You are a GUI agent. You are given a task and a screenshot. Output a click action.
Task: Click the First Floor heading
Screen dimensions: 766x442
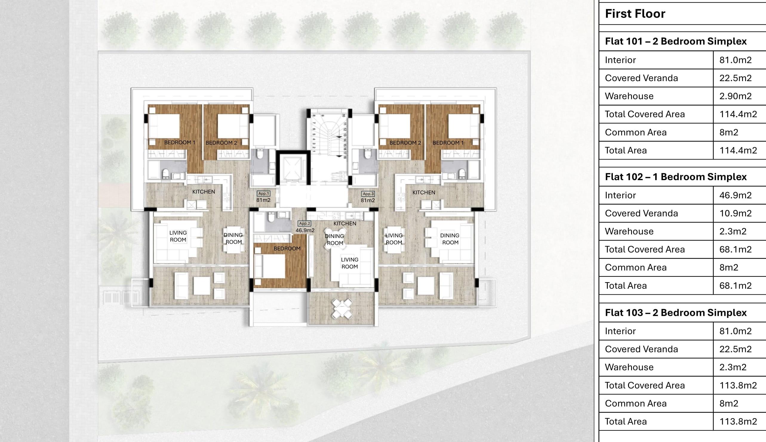[x=635, y=14]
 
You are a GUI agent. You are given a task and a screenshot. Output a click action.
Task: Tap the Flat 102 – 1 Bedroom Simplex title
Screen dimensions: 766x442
[x=676, y=177]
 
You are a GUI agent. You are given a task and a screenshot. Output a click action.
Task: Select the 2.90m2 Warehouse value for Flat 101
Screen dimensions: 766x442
[x=735, y=96]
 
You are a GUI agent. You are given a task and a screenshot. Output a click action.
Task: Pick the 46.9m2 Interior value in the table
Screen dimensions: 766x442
[x=735, y=195]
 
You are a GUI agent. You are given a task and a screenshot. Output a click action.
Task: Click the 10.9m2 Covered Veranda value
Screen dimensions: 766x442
[x=735, y=213]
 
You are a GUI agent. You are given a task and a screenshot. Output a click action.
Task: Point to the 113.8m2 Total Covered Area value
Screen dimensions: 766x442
[x=738, y=385]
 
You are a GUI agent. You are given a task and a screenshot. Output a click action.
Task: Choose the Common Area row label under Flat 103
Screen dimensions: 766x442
[x=636, y=403]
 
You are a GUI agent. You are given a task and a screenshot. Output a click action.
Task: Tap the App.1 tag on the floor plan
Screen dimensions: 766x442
[x=263, y=193]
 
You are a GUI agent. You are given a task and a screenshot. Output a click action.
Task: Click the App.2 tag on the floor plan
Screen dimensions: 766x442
[x=304, y=223]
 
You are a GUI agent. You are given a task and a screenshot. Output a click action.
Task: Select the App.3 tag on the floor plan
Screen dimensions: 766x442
[x=368, y=194]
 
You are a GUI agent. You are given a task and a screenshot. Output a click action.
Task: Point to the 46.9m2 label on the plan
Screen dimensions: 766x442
[x=305, y=231]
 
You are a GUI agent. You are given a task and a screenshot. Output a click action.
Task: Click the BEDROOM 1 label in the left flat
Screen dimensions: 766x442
[x=180, y=142]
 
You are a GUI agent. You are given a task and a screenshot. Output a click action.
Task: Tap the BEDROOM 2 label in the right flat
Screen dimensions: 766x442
[x=405, y=143]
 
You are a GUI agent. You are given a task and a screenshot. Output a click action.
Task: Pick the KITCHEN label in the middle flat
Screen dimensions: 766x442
[x=344, y=223]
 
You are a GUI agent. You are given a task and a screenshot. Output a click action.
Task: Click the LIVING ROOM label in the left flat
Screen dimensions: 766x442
[x=178, y=236]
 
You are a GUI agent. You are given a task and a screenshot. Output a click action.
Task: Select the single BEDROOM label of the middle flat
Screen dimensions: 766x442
[x=287, y=249]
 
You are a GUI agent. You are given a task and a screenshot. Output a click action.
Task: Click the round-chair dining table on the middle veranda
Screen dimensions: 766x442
[x=342, y=309]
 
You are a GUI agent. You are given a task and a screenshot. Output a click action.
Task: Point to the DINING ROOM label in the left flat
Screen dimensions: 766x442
[x=233, y=238]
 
